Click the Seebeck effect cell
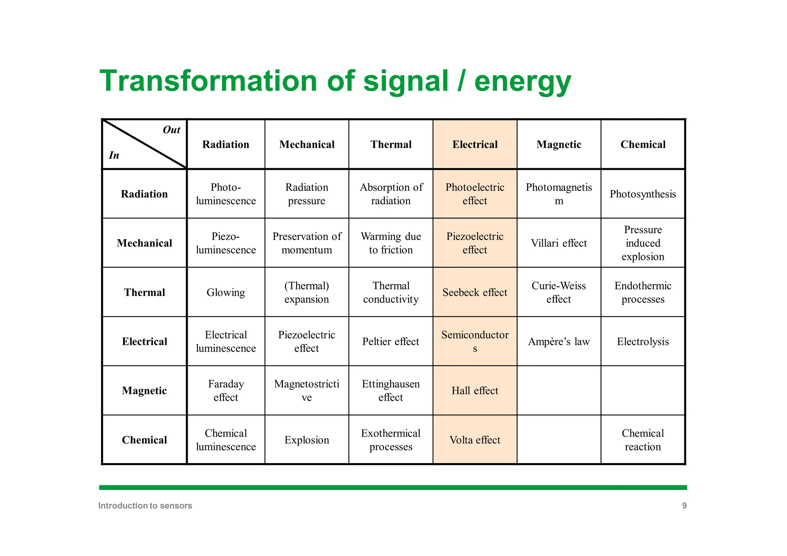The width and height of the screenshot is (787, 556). coord(475,293)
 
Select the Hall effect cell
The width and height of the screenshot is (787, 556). coord(475,391)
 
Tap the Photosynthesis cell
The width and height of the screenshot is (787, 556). coord(643,194)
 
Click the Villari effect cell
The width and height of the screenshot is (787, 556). coord(559,243)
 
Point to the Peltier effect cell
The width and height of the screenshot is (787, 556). coord(390,342)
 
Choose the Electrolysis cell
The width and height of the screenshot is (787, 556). coord(643,342)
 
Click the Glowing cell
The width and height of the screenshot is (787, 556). coord(226,293)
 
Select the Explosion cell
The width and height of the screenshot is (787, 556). coord(307,440)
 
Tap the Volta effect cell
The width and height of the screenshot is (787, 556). coord(475,440)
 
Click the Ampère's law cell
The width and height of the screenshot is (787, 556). coord(559,342)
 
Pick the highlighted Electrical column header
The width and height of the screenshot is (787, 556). coord(475,145)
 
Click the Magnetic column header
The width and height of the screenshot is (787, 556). coord(559,145)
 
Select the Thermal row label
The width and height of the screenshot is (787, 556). coord(144,293)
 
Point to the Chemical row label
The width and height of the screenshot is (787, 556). coord(144,440)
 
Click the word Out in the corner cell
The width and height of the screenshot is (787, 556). coord(171,130)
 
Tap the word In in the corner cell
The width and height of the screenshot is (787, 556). coord(114,156)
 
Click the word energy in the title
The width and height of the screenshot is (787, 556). coord(523,81)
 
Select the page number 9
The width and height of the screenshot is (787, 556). coord(684,506)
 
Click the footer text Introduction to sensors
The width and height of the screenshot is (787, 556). coord(145,506)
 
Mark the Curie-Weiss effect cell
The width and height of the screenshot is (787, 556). coord(559,293)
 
